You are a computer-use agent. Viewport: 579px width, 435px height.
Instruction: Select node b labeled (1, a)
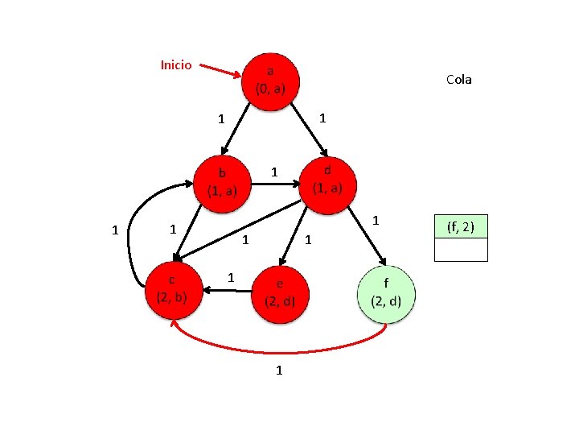point(222,182)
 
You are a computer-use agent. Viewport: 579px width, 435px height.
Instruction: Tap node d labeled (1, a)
point(327,180)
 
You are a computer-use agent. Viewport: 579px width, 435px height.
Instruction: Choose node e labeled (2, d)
point(280,293)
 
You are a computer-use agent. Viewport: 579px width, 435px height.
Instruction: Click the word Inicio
point(176,64)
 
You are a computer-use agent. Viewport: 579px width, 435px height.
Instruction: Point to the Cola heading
point(458,79)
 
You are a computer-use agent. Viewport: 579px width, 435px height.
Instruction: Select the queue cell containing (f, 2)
point(461,228)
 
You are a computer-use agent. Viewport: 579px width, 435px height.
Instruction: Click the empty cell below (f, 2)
point(461,250)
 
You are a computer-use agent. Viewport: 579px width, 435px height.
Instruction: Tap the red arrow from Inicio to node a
point(220,71)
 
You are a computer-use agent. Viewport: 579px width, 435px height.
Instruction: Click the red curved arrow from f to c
point(277,350)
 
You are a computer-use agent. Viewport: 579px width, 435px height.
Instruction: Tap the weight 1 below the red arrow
point(278,371)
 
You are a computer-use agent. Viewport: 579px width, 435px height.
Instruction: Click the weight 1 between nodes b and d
point(274,172)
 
